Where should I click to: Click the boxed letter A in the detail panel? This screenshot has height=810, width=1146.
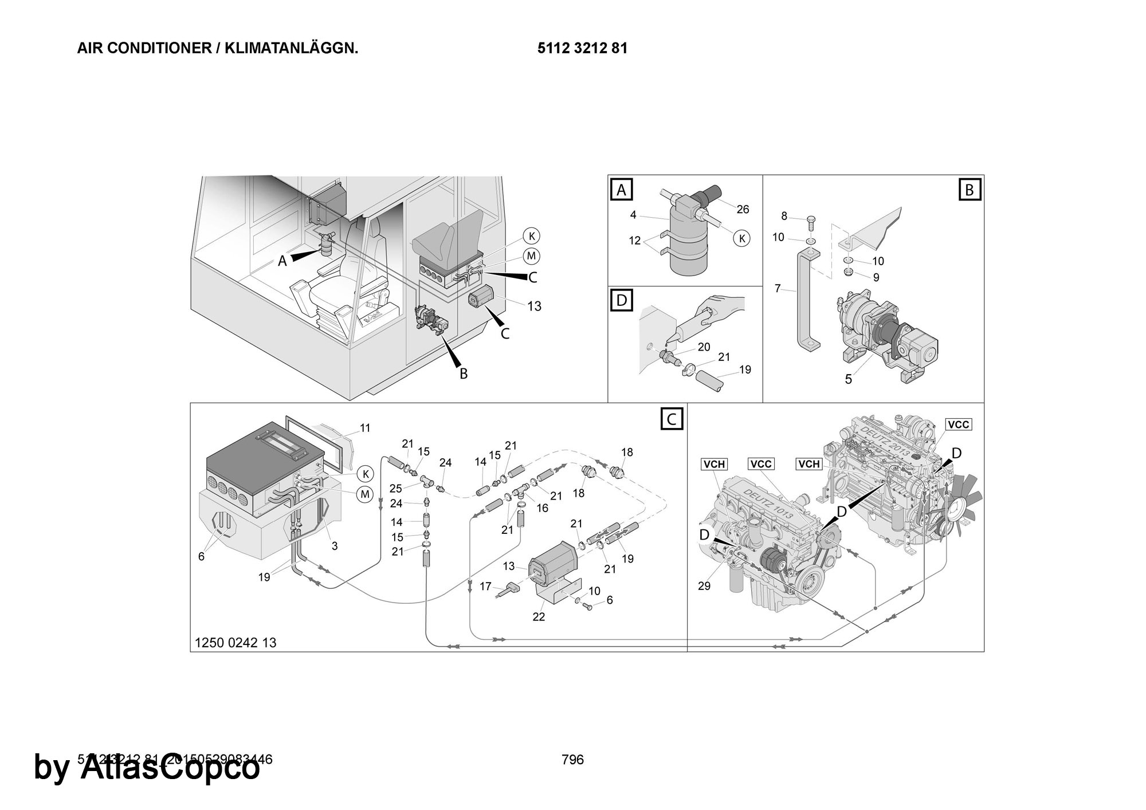(x=622, y=189)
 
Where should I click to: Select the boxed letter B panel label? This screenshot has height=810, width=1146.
(x=970, y=189)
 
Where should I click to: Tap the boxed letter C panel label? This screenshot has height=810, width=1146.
(x=672, y=419)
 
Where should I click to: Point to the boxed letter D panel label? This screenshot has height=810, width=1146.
(x=622, y=300)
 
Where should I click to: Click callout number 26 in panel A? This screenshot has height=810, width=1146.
(x=743, y=209)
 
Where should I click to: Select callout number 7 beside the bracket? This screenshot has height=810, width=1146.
(x=778, y=289)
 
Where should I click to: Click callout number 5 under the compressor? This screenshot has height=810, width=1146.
(x=849, y=379)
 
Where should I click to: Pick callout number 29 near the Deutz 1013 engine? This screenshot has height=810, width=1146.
(x=704, y=586)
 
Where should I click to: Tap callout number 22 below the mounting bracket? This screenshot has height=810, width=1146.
(x=539, y=617)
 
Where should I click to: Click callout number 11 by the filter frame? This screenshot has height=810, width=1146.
(x=365, y=428)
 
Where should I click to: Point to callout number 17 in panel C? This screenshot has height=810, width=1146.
(x=486, y=586)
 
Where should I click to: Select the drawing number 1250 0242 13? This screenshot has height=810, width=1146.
(x=236, y=643)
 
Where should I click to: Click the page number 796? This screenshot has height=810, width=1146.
(x=572, y=760)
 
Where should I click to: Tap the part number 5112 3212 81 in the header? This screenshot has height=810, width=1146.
(x=582, y=49)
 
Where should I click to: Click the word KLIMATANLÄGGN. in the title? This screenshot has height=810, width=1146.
(x=291, y=49)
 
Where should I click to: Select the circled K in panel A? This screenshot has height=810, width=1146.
(x=742, y=238)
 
